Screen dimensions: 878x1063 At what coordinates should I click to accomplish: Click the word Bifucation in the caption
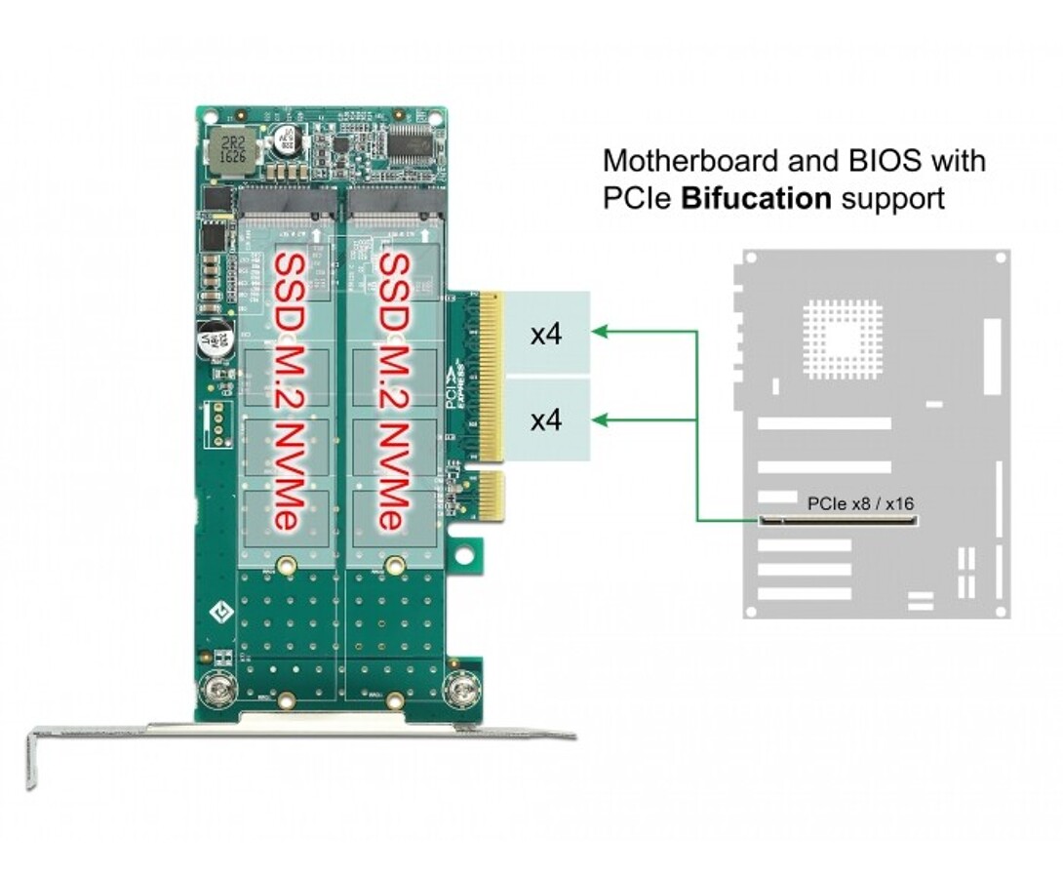(x=756, y=199)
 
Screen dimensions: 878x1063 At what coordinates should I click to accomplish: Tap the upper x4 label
(x=546, y=335)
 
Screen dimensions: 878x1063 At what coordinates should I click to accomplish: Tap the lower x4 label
(x=546, y=420)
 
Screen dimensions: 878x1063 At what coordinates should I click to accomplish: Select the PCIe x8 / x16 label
(x=860, y=504)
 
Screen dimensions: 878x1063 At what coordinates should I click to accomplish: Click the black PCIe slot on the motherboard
(x=838, y=520)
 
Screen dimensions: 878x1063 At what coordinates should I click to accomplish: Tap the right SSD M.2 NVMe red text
(x=391, y=390)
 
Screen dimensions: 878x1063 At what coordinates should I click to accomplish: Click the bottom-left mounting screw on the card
(x=217, y=691)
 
